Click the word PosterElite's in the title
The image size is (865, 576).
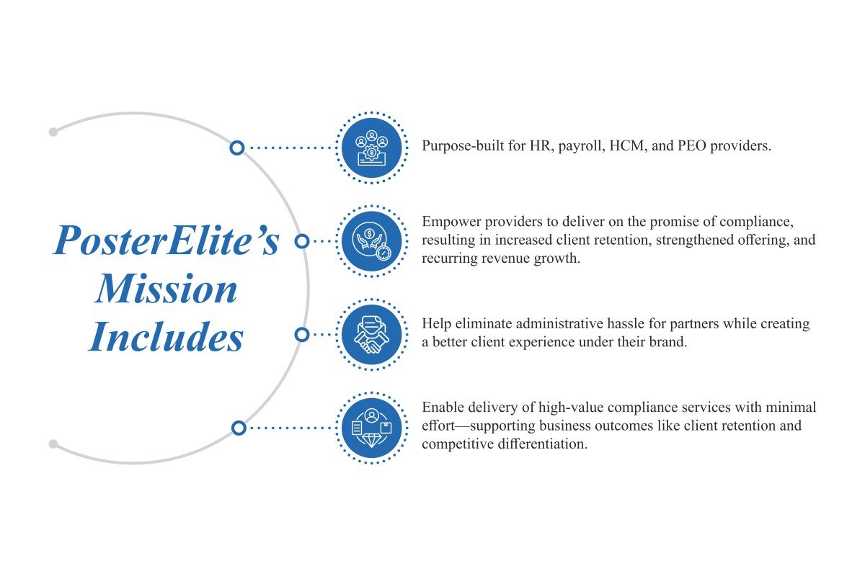(167, 241)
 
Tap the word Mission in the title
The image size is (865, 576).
(167, 289)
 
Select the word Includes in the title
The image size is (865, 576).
(167, 337)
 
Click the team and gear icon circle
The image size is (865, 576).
(371, 148)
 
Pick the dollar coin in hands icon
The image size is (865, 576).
(371, 241)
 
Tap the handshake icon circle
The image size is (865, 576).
(371, 335)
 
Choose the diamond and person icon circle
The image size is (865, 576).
(371, 428)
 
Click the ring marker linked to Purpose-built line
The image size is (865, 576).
(237, 148)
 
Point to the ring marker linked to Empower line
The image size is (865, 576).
(302, 241)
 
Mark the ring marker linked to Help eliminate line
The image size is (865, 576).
(302, 335)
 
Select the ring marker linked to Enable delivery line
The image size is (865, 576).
(239, 428)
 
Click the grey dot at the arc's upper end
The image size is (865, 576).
(53, 132)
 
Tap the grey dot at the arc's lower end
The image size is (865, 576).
(53, 444)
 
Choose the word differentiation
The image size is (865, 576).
(541, 444)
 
